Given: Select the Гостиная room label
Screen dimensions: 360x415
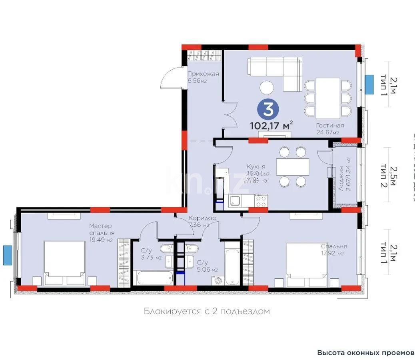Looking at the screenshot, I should pos(329,126).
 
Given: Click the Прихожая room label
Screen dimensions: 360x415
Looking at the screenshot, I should pos(203,74).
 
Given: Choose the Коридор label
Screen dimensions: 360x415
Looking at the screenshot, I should pos(203,218).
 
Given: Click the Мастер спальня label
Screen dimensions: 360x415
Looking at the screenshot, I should pos(102,229).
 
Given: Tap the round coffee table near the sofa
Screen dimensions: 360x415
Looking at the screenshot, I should pos(267,87).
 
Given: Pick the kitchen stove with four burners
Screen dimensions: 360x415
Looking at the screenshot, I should pos(261,200).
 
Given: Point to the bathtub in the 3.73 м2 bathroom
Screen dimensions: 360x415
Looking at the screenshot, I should pos(154,277).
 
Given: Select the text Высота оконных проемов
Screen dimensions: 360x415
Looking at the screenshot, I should pos(365,353).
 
